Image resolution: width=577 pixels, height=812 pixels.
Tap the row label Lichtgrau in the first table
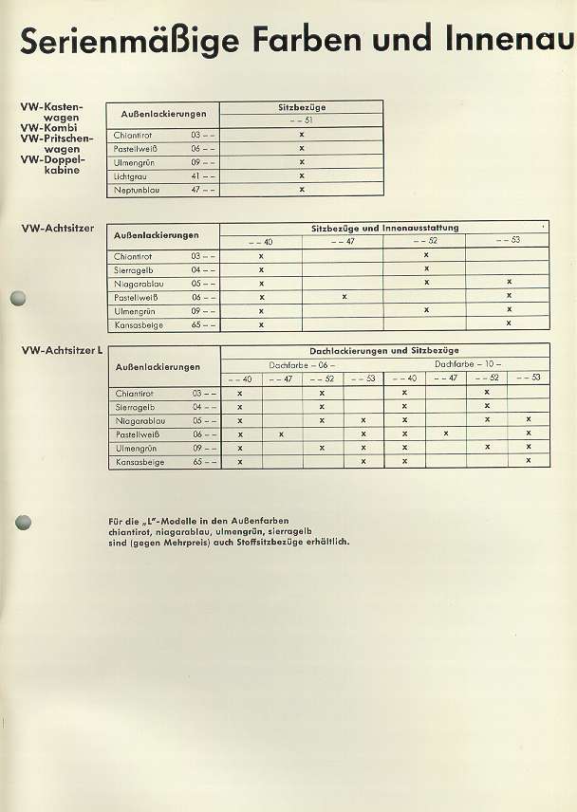click(x=129, y=175)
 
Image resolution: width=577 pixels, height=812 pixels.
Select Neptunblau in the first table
click(x=136, y=190)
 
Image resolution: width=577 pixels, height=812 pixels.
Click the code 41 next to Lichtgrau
click(x=195, y=175)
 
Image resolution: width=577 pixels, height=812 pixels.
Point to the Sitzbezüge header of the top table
click(x=301, y=107)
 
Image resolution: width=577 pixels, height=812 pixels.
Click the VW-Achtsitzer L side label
click(x=61, y=351)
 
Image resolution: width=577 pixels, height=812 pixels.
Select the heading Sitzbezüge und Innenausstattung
click(x=384, y=228)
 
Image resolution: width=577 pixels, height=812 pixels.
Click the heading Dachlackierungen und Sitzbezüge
click(x=384, y=351)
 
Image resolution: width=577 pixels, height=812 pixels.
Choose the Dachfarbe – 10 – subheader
click(x=467, y=364)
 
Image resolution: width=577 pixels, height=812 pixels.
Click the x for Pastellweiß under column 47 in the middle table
click(x=344, y=297)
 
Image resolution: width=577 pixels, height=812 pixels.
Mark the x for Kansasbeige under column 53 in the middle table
click(x=509, y=324)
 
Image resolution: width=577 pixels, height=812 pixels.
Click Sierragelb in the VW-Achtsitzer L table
click(x=135, y=406)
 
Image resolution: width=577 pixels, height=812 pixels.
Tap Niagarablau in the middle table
click(x=139, y=283)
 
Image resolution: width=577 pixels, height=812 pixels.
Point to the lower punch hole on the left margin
click(x=24, y=522)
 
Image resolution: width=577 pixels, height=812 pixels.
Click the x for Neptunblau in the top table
click(x=302, y=190)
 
